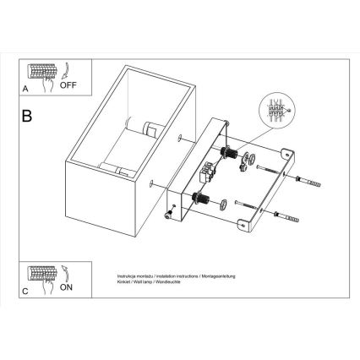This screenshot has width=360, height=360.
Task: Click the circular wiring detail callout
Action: click(274, 111)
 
